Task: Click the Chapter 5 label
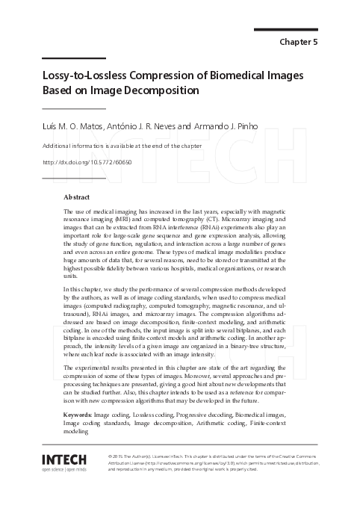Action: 298,42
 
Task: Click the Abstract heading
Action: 77,197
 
